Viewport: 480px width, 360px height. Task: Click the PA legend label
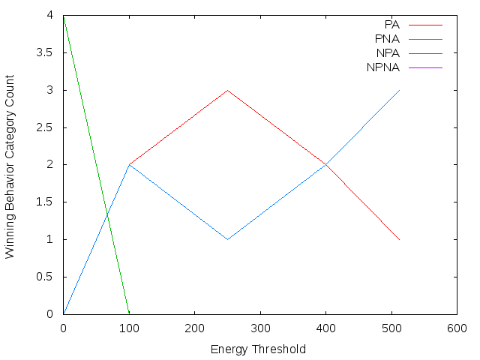pyautogui.click(x=391, y=25)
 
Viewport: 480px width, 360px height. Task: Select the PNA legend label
pyautogui.click(x=388, y=39)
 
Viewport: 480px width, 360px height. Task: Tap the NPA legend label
pyautogui.click(x=388, y=53)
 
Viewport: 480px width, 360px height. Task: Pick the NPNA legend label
pyautogui.click(x=384, y=67)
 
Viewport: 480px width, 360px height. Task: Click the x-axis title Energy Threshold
pyautogui.click(x=259, y=349)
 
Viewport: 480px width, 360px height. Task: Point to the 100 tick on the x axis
pyautogui.click(x=129, y=328)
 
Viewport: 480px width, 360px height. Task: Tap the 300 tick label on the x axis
pyautogui.click(x=260, y=328)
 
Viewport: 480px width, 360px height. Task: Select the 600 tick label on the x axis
pyautogui.click(x=457, y=328)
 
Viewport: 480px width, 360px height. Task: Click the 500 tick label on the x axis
pyautogui.click(x=391, y=328)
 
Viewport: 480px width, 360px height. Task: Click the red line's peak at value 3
pyautogui.click(x=227, y=90)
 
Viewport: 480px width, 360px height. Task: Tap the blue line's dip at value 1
pyautogui.click(x=227, y=239)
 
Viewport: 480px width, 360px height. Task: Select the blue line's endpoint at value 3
pyautogui.click(x=400, y=90)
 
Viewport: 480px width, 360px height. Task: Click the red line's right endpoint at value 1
pyautogui.click(x=400, y=239)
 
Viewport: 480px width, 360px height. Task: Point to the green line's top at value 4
pyautogui.click(x=64, y=15)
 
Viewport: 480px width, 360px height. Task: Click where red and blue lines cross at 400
pyautogui.click(x=325, y=164)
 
